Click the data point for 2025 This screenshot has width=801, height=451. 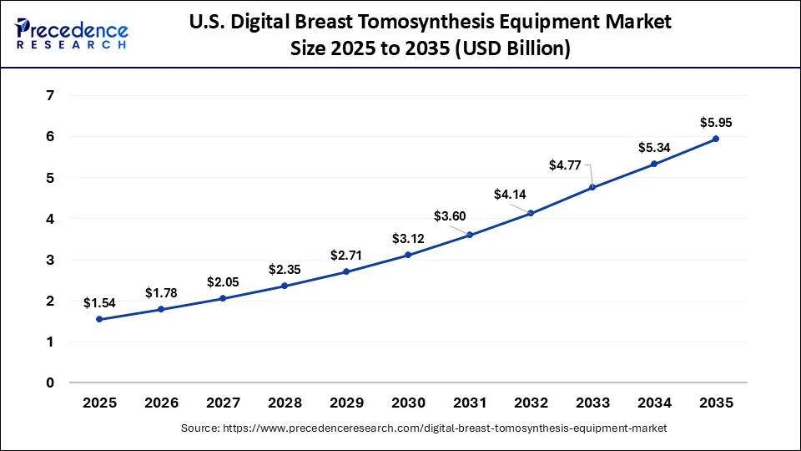[99, 319]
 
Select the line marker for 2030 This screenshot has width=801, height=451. [408, 255]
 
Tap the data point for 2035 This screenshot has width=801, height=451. [716, 139]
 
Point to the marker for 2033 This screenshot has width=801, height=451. [592, 187]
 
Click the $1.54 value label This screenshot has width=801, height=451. [99, 302]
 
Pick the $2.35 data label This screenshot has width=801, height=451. [285, 269]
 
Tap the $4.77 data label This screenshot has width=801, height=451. [565, 165]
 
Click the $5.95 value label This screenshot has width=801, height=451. [716, 122]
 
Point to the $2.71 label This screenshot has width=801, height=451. [346, 254]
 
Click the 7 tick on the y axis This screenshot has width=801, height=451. [50, 96]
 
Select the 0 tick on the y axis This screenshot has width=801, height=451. [50, 383]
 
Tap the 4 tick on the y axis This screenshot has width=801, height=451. [50, 219]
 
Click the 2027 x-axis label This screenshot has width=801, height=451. [223, 403]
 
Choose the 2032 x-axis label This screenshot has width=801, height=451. [531, 403]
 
